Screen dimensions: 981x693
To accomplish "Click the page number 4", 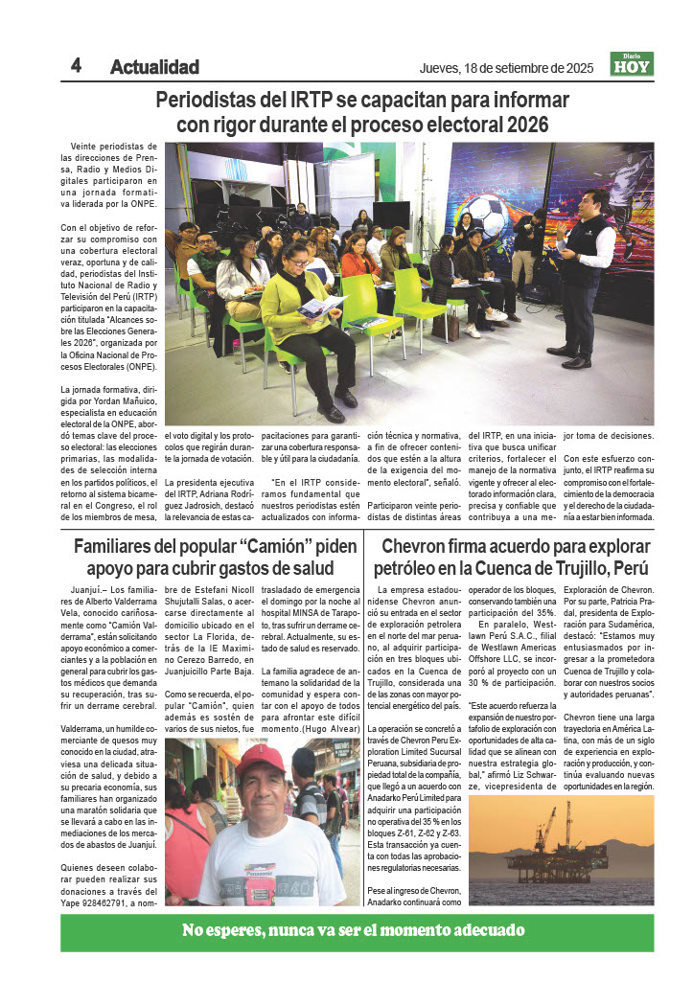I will pos(76,65).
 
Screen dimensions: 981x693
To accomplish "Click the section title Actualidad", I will pos(154,67).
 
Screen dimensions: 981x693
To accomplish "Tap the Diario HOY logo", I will pos(632,64).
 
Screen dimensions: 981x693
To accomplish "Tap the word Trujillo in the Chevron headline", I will pos(541,569).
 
